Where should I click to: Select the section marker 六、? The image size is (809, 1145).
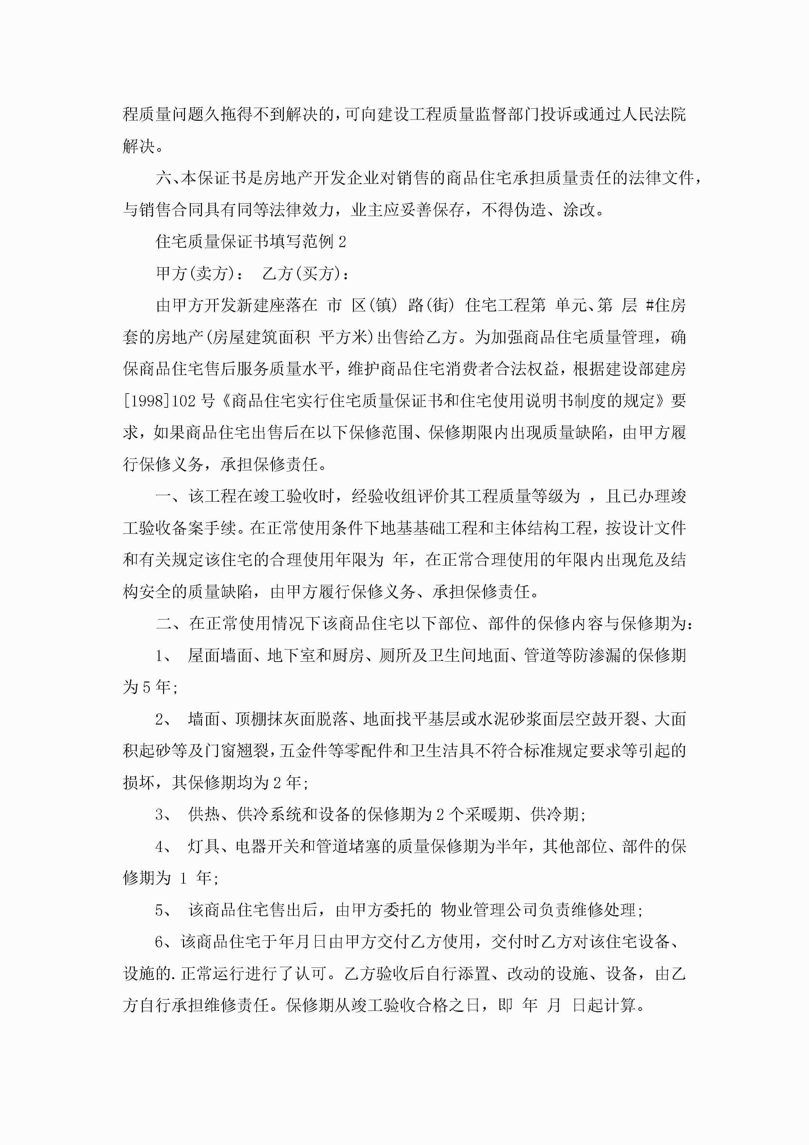(x=167, y=178)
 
